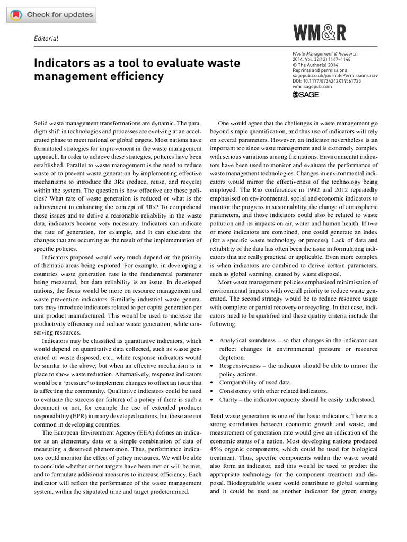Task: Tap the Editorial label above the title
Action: (46, 39)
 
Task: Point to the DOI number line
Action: (326, 81)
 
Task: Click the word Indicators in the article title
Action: (63, 64)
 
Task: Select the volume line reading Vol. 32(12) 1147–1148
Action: (321, 59)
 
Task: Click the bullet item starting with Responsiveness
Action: (298, 370)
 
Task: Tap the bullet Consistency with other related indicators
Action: (273, 391)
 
